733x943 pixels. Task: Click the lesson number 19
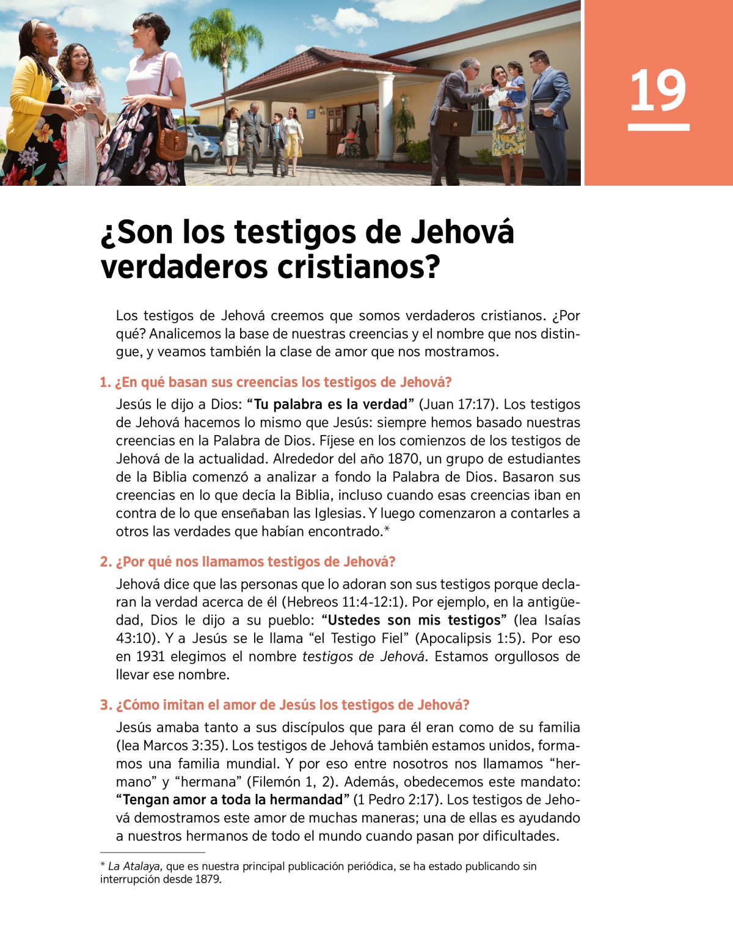(658, 91)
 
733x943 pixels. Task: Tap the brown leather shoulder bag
(172, 142)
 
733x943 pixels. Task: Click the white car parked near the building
(202, 144)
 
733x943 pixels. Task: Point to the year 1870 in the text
(403, 459)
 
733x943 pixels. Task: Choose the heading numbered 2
(247, 562)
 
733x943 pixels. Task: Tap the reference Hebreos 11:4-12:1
(345, 602)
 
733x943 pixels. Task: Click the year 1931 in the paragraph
(150, 656)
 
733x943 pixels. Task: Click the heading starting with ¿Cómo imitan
(285, 705)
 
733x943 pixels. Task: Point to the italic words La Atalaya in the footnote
(134, 866)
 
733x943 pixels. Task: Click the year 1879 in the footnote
(208, 879)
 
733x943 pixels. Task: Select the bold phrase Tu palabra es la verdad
(330, 405)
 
